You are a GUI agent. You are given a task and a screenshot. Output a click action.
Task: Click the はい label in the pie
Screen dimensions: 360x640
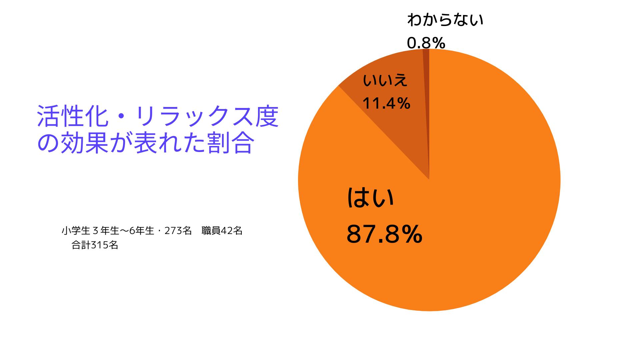[x=370, y=198]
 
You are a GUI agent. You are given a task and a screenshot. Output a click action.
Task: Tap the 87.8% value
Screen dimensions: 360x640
[x=384, y=234]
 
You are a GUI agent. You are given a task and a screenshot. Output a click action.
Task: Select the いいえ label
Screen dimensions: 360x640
[x=385, y=80]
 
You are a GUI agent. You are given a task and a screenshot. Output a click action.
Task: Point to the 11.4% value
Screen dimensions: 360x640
[x=386, y=104]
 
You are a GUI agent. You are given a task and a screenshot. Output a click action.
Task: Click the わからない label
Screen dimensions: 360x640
[x=445, y=20]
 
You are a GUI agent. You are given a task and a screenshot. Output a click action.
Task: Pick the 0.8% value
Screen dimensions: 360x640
[x=426, y=43]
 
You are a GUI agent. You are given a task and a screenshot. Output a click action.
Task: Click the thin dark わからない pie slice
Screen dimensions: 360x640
[x=426, y=100]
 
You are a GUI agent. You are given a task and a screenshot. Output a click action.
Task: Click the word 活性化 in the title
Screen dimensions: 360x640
[x=72, y=117]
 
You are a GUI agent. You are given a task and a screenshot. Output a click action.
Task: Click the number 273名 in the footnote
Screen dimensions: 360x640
[x=178, y=231]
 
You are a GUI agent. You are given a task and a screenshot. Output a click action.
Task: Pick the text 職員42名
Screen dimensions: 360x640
[x=222, y=231]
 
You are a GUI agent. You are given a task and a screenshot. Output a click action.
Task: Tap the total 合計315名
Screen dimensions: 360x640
[x=95, y=245]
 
